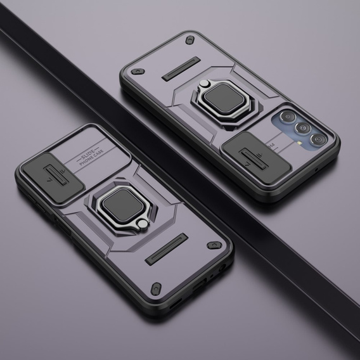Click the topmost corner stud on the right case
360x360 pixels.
tap(189, 40)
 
